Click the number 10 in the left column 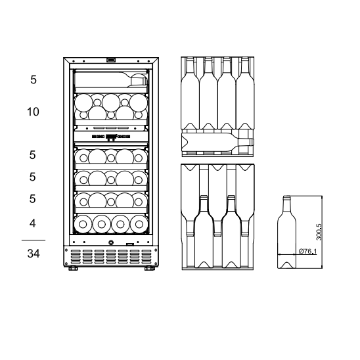click(x=33, y=112)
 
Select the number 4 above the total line click(x=33, y=224)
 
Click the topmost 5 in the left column click(x=33, y=80)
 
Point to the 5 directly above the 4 click(x=33, y=199)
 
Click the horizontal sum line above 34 click(x=33, y=240)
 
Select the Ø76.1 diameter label click(x=306, y=252)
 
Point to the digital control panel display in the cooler click(x=110, y=138)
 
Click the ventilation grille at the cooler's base click(x=110, y=256)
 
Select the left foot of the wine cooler click(x=72, y=268)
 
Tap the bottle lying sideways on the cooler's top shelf click(x=110, y=81)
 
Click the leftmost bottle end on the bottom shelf click(x=84, y=223)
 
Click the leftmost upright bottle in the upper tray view click(x=191, y=92)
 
